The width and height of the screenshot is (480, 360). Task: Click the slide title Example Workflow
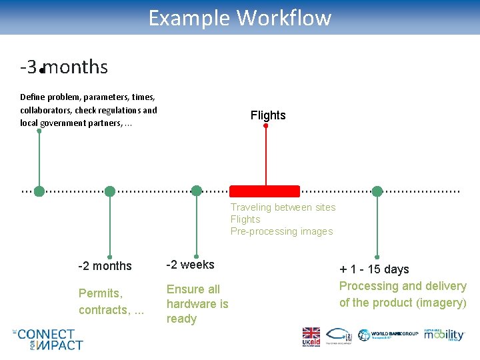pos(239,17)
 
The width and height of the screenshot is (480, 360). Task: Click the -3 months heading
pos(64,67)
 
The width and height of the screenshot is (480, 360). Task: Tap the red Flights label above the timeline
pos(268,115)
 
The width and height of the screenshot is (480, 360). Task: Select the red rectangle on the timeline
pos(265,191)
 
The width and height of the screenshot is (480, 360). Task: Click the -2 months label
pos(105,266)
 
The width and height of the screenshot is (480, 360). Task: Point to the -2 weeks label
pos(190,265)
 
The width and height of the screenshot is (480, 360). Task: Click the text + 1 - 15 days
pos(374,269)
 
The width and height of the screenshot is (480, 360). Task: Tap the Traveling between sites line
pos(283,207)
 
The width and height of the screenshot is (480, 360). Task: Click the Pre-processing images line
pos(281,231)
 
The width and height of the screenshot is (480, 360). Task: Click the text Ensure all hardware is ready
pos(197,304)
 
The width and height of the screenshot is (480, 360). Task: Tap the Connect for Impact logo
pos(49,339)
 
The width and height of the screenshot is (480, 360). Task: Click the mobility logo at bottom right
pos(443,335)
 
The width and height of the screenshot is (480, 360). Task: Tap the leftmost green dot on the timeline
pos(39,191)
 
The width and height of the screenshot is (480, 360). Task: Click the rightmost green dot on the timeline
pos(377,191)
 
